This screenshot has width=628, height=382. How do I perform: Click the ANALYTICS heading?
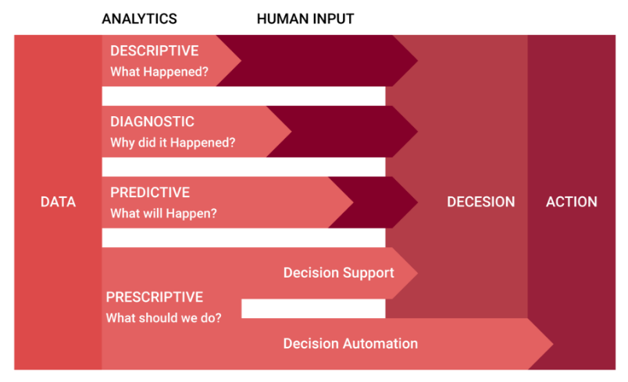pyautogui.click(x=139, y=19)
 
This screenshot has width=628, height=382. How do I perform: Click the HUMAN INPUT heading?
pyautogui.click(x=305, y=19)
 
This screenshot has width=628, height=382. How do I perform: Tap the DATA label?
pyautogui.click(x=58, y=202)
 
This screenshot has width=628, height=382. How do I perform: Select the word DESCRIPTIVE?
pyautogui.click(x=154, y=51)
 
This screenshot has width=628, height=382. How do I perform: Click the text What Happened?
pyautogui.click(x=159, y=72)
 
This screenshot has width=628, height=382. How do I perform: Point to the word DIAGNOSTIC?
pyautogui.click(x=152, y=122)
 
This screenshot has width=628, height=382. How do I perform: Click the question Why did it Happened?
pyautogui.click(x=173, y=143)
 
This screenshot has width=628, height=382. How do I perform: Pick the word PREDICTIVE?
pyautogui.click(x=150, y=193)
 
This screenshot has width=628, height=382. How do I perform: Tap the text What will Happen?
pyautogui.click(x=163, y=214)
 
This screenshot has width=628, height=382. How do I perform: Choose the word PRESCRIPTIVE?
pyautogui.click(x=154, y=297)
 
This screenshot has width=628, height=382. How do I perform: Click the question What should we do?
pyautogui.click(x=163, y=317)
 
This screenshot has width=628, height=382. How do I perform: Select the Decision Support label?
pyautogui.click(x=338, y=273)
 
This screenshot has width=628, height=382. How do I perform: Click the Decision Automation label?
pyautogui.click(x=351, y=344)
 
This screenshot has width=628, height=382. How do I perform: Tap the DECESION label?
pyautogui.click(x=480, y=202)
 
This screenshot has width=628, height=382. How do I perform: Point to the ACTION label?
pyautogui.click(x=572, y=202)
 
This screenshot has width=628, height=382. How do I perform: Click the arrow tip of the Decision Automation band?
pyautogui.click(x=553, y=344)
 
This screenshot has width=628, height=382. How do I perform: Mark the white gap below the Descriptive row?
pyautogui.click(x=244, y=97)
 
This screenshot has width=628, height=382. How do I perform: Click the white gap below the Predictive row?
pyautogui.click(x=244, y=238)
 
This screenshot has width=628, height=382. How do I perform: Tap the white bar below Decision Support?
pyautogui.click(x=313, y=309)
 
